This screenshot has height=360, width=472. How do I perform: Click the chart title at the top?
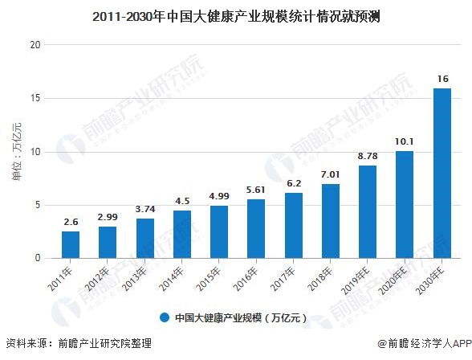coord(236,14)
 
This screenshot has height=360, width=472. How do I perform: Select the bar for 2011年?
coord(71,244)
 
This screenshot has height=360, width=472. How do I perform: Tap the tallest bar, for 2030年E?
coord(441,173)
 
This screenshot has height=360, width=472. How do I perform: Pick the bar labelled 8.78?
coord(368,211)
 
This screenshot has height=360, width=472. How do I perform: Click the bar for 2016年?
coord(256,228)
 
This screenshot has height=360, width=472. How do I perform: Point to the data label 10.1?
coord(405,141)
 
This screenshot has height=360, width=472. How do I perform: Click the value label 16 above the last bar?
coord(442,79)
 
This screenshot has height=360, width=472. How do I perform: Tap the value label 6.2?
coord(294,183)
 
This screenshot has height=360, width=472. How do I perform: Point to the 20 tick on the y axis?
coord(35,45)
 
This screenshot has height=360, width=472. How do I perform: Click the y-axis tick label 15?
coord(35,99)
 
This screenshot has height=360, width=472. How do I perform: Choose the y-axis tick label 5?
coord(37,205)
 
